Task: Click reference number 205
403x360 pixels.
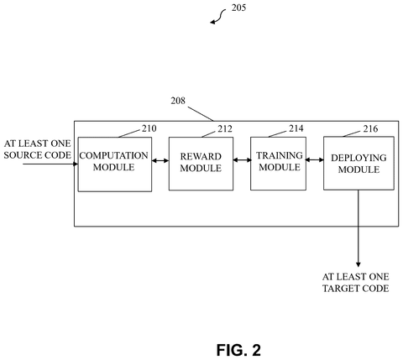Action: click(238, 8)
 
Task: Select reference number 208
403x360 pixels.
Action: click(178, 101)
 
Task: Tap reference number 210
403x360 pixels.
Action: click(149, 128)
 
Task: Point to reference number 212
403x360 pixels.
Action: click(225, 128)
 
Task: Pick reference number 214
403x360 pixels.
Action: click(296, 128)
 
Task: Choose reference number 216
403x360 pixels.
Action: click(370, 128)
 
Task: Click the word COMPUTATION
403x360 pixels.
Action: click(113, 155)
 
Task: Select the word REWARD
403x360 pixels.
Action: click(201, 156)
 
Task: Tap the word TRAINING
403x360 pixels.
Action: click(280, 155)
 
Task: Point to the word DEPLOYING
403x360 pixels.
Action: click(359, 158)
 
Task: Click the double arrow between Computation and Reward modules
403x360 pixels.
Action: click(160, 160)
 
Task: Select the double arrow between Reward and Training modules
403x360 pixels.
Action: click(242, 160)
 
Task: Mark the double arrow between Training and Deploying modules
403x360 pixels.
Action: click(315, 159)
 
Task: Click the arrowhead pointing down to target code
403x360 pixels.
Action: click(359, 264)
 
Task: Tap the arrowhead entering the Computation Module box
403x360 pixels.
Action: click(76, 164)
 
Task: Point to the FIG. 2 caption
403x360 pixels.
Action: click(238, 350)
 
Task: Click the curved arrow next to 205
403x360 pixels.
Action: click(218, 16)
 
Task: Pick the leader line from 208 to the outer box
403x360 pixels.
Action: click(201, 114)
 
